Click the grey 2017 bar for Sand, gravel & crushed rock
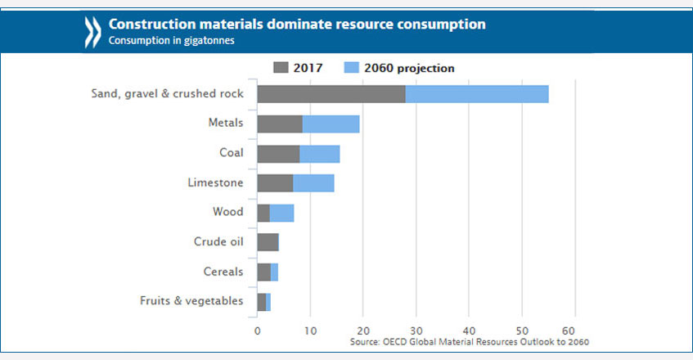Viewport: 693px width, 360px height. (331, 93)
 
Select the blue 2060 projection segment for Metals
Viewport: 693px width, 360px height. (331, 124)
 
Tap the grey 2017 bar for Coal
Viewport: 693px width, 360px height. (278, 154)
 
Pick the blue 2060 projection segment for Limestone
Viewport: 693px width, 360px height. (313, 183)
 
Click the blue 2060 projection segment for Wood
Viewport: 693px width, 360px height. (281, 213)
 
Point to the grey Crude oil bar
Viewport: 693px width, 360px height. (268, 242)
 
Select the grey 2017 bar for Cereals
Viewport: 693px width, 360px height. (263, 272)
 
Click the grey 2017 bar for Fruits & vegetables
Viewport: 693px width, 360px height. (262, 301)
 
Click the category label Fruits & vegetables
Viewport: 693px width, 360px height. (191, 301)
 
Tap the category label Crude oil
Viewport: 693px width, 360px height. (218, 241)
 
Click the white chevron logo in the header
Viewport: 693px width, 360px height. (91, 32)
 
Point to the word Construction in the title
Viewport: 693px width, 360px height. (148, 25)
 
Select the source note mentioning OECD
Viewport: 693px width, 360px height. (469, 341)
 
